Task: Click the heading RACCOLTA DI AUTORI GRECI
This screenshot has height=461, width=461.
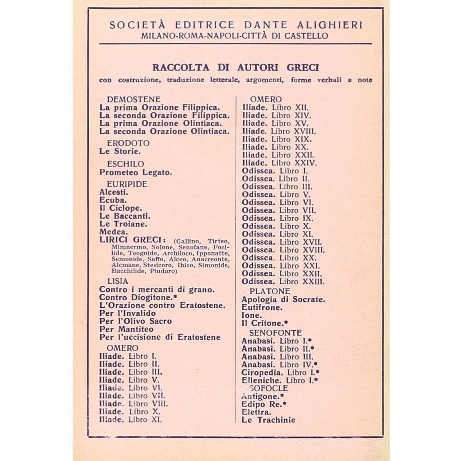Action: [x=236, y=68]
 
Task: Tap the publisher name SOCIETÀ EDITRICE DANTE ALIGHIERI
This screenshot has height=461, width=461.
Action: [x=236, y=25]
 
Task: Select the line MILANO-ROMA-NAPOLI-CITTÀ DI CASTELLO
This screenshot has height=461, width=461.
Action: [x=236, y=36]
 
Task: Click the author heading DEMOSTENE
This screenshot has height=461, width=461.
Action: [x=134, y=99]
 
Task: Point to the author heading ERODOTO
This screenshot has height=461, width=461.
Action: [x=128, y=143]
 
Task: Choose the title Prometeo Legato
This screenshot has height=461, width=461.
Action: [x=136, y=172]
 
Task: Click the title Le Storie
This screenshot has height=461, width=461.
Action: [x=120, y=151]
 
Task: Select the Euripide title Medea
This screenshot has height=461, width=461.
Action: [x=114, y=232]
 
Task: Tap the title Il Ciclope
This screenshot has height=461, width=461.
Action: [x=121, y=208]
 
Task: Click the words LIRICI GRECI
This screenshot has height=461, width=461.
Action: [x=133, y=241]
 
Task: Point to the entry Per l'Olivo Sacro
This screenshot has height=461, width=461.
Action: [x=135, y=321]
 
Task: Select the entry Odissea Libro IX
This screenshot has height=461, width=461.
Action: [x=277, y=218]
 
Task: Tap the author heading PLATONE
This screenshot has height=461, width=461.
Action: [x=270, y=291]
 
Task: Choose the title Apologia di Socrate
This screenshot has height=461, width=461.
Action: [x=283, y=299]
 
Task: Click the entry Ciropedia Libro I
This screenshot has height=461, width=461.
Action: [x=280, y=373]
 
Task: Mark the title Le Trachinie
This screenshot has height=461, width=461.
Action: [x=268, y=420]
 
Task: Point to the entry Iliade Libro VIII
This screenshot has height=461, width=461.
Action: [x=133, y=404]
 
